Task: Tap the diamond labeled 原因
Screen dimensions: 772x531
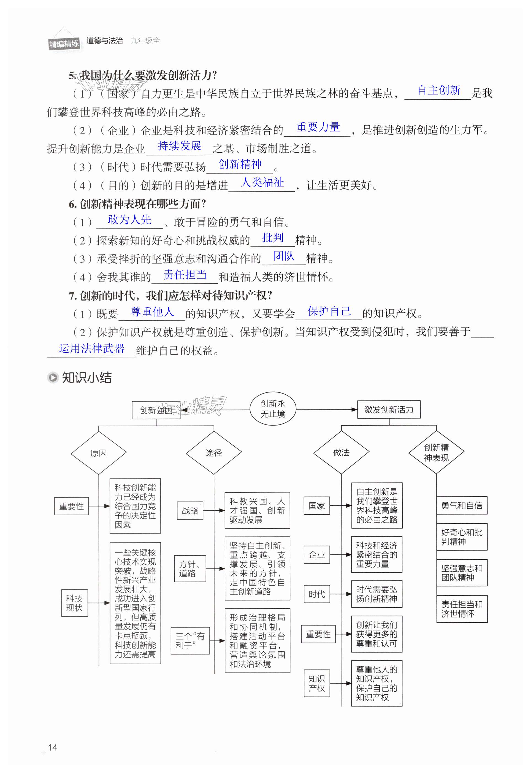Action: (x=99, y=453)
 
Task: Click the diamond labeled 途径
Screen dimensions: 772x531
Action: (x=214, y=453)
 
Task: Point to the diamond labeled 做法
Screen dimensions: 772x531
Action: (x=341, y=452)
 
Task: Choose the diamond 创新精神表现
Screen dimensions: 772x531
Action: (x=436, y=452)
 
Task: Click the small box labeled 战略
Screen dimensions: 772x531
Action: (x=190, y=510)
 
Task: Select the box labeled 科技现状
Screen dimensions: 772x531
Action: (x=74, y=603)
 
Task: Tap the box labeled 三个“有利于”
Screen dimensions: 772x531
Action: (x=190, y=641)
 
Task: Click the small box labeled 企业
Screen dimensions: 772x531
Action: (x=316, y=554)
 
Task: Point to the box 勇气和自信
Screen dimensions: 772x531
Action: (x=462, y=505)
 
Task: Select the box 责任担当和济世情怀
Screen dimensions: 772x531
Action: (x=462, y=609)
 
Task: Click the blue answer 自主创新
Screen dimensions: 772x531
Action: (x=438, y=90)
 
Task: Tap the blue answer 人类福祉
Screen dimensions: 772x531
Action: (x=262, y=182)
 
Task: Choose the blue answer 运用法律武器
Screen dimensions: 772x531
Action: (x=91, y=348)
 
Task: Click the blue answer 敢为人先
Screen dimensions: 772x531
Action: (x=129, y=220)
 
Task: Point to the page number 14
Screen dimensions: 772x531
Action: (x=52, y=747)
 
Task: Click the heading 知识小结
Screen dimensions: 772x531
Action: (x=86, y=378)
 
